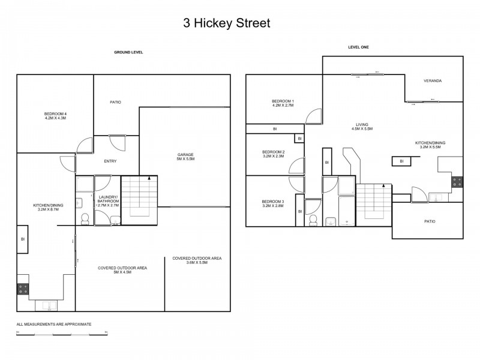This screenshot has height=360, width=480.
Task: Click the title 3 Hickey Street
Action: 227,24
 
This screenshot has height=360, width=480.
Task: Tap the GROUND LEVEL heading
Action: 128,52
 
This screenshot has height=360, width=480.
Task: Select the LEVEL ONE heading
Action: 358,47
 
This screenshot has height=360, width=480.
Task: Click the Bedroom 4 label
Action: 55,116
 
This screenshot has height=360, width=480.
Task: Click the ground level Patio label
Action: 115,102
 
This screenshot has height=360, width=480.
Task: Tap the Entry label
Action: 110,161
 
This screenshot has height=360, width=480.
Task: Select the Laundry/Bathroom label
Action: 109,202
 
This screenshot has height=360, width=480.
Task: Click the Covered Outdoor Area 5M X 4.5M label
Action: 123,270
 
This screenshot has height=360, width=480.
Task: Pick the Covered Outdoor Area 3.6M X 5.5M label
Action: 197,260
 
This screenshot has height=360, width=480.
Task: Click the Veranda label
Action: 433,80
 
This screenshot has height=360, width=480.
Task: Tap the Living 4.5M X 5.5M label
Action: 361,127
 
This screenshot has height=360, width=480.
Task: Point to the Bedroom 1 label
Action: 282,103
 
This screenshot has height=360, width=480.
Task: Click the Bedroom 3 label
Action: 273,203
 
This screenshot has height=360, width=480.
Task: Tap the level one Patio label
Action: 429,221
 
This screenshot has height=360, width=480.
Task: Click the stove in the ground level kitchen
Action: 23,291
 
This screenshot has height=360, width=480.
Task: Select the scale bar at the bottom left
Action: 62,334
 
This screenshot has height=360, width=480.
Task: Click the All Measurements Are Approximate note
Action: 54,324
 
